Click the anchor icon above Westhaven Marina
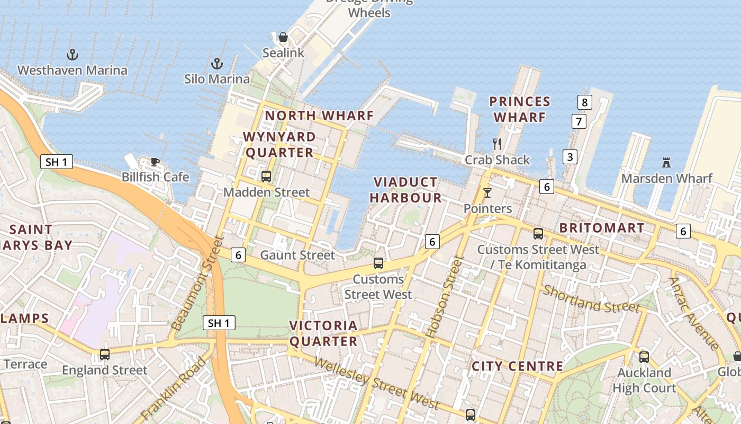(x=73, y=55)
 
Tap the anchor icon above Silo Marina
(x=217, y=64)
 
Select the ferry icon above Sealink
(x=283, y=37)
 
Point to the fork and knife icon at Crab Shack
(x=497, y=144)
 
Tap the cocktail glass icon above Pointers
(x=487, y=193)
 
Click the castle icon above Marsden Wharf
(x=666, y=163)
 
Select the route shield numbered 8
(x=584, y=102)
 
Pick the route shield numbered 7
(x=579, y=121)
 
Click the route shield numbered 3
(x=570, y=157)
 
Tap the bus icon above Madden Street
(x=266, y=176)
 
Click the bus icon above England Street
(x=105, y=355)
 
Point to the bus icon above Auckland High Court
(x=644, y=357)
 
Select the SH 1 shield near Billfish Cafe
(x=57, y=162)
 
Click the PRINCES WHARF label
(x=519, y=109)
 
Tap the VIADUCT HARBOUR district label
(x=405, y=190)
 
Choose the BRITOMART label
(x=602, y=228)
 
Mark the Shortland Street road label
(x=591, y=299)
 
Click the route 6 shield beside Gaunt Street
(x=238, y=255)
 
